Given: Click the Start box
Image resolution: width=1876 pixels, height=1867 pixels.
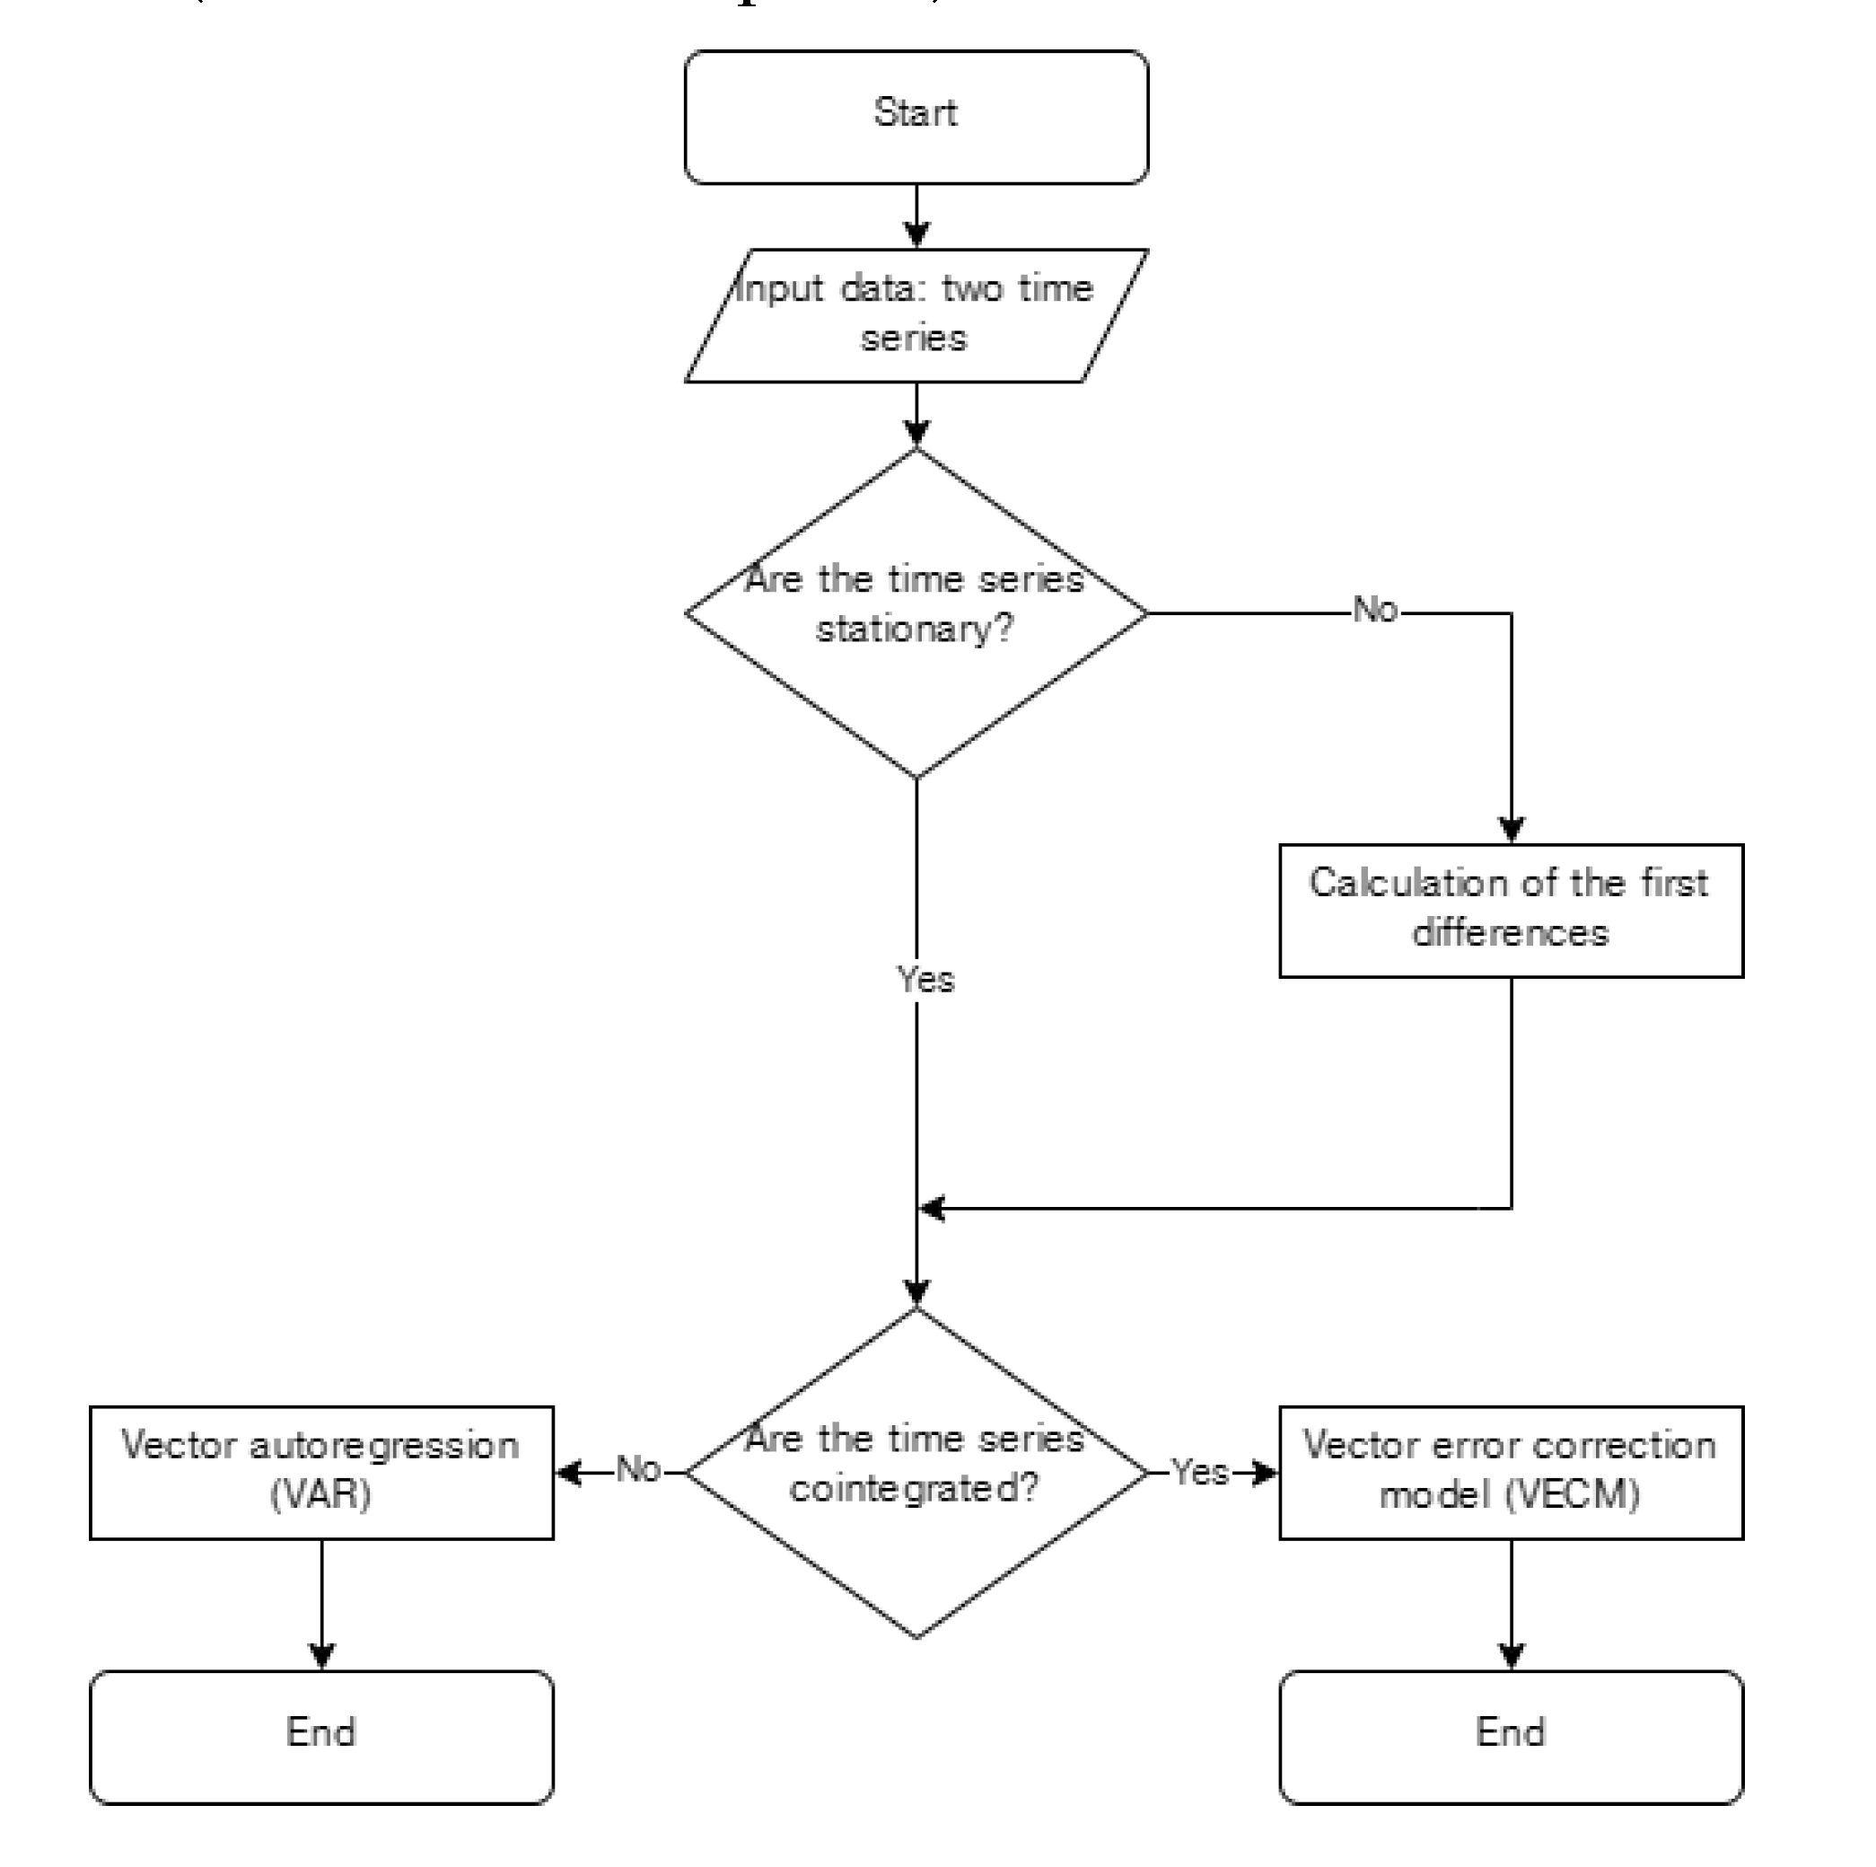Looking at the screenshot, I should [916, 117].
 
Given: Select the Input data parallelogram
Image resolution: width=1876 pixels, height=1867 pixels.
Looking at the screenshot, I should [916, 314].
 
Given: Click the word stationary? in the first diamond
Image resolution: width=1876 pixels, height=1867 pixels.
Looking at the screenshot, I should [914, 630].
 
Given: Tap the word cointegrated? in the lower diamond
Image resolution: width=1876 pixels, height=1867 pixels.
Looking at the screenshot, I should [914, 1488].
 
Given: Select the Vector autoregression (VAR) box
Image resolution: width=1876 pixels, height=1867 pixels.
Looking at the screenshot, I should [321, 1472].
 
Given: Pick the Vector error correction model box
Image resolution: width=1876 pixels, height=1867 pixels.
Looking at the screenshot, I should [1510, 1472].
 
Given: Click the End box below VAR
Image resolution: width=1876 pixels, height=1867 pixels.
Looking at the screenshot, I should [321, 1737].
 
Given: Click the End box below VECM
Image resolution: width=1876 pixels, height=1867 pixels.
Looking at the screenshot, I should [1510, 1737].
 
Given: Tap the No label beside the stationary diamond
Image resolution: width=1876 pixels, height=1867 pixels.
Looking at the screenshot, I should [1375, 610].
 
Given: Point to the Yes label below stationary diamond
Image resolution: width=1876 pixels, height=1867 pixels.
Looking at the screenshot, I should [925, 979].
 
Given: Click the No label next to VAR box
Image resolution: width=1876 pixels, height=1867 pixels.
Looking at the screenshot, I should [638, 1470].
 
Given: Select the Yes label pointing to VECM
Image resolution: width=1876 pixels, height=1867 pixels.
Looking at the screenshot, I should [1200, 1472].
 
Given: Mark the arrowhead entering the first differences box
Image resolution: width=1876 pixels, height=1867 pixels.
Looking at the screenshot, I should [1511, 830].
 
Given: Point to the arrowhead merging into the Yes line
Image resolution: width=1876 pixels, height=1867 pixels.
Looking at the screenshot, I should [933, 1209].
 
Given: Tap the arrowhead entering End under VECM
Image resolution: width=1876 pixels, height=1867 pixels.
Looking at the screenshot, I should [1511, 1656].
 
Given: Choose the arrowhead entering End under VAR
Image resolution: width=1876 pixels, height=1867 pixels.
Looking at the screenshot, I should [321, 1656].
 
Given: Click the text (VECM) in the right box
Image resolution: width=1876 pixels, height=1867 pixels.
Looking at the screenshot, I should [1572, 1494].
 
